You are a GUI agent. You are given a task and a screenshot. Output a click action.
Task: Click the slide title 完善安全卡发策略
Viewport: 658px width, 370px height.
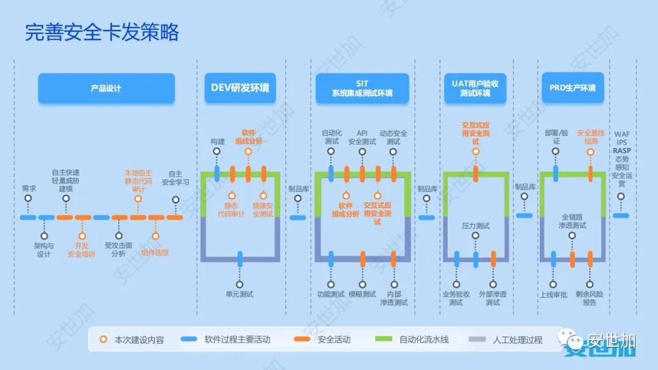102,32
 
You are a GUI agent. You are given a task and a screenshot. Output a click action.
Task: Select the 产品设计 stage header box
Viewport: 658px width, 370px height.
106,88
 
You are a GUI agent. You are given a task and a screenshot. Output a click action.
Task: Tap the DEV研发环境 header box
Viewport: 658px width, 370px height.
239,88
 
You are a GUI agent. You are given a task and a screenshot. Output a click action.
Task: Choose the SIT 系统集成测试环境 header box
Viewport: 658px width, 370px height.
362,88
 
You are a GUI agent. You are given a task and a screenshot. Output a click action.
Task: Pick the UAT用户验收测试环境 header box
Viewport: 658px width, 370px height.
475,88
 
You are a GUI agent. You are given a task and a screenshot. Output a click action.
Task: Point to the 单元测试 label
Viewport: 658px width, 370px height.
239,295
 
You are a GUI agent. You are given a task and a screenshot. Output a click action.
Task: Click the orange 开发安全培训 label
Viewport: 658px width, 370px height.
81,250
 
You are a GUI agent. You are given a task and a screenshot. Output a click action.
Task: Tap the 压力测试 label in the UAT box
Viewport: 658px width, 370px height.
476,226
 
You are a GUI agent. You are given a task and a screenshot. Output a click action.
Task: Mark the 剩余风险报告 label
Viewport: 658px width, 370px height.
589,298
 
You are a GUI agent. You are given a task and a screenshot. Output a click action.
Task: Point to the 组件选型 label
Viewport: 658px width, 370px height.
155,253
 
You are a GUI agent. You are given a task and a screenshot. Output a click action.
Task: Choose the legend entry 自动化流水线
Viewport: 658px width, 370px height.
423,340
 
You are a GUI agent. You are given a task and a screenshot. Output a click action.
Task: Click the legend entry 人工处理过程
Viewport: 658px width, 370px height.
517,340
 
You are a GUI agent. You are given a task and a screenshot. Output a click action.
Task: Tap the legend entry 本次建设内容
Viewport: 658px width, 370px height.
139,340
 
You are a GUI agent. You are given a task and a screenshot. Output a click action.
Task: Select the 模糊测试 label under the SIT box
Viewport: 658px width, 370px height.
363,295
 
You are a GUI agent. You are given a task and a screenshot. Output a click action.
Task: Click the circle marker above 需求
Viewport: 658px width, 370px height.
28,198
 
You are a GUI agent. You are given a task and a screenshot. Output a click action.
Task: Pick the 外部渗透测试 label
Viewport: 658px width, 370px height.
493,298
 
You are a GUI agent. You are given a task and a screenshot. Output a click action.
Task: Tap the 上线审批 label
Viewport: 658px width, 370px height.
553,295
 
